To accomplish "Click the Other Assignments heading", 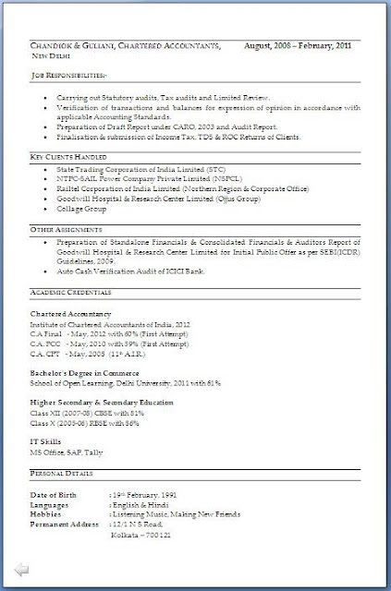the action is [x=64, y=227].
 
